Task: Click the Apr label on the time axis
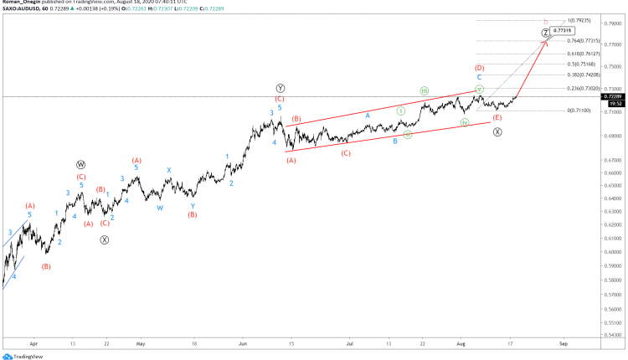pos(33,343)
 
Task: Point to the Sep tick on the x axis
pos(564,343)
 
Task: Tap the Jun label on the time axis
pos(243,343)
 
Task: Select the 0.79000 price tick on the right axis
pos(614,24)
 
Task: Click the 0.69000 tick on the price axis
pos(614,136)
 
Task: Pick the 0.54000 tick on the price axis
pos(614,334)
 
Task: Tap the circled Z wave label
pos(545,33)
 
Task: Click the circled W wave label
pos(81,165)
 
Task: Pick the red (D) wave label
pos(480,68)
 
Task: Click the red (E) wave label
pos(497,118)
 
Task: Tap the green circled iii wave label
pos(425,90)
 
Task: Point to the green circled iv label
pos(465,123)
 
